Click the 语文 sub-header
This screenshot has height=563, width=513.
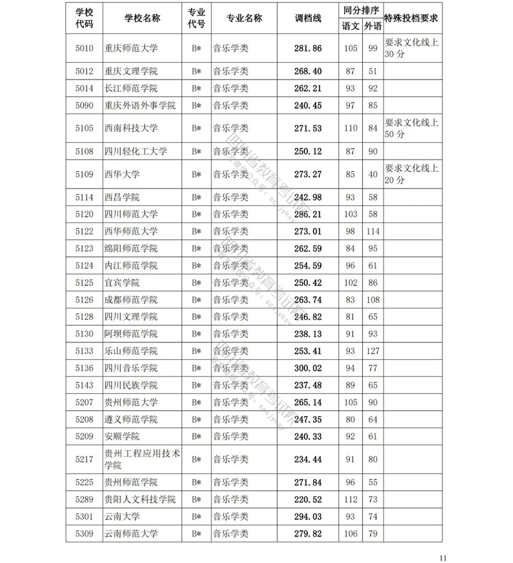click(350, 26)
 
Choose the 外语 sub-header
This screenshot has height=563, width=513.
click(372, 26)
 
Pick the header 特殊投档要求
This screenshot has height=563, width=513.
click(410, 19)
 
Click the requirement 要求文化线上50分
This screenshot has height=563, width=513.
click(411, 128)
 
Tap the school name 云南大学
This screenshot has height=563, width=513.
click(122, 517)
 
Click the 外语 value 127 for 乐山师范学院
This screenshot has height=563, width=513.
click(372, 351)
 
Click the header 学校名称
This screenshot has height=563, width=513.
click(142, 19)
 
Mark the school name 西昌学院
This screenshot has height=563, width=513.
click(122, 197)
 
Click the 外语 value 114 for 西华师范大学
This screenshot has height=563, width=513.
click(372, 231)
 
